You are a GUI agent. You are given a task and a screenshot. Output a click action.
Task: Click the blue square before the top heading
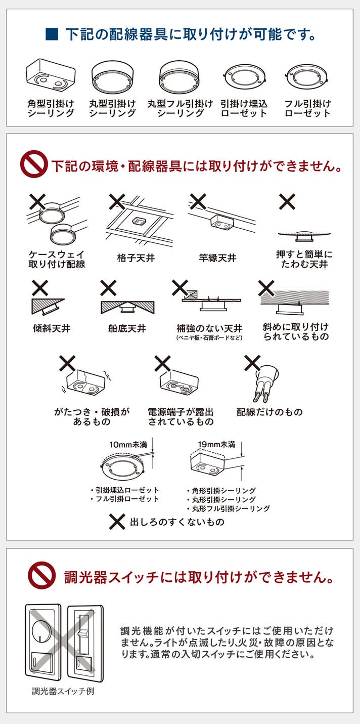coord(52,34)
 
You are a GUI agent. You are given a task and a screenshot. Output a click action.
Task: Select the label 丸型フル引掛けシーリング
coord(180,108)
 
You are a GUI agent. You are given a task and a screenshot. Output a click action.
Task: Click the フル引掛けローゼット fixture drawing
coord(307,77)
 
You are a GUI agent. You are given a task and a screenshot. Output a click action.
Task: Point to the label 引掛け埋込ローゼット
coord(244,108)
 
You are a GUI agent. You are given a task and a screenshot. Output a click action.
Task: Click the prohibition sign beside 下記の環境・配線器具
coord(33,164)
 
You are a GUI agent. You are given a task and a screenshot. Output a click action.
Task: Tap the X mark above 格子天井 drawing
coord(117,202)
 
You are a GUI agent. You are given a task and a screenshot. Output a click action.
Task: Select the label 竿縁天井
coord(217,258)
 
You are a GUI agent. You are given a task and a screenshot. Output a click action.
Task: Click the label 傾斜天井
coord(52,328)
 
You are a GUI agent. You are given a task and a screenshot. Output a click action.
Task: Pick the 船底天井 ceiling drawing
coord(128,307)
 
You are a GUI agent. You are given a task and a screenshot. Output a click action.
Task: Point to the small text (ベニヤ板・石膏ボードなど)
coord(209,338)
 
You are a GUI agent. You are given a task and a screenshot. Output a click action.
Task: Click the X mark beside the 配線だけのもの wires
coord(252,363)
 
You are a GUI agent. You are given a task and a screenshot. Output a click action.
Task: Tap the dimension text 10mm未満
coord(128,445)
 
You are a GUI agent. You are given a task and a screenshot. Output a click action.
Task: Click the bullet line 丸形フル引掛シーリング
coord(228,509)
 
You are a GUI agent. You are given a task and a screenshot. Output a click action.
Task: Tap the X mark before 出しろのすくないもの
coord(117,522)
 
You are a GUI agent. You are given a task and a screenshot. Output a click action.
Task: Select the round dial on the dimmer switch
coord(42,629)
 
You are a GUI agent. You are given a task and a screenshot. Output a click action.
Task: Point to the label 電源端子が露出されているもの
coord(181,416)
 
